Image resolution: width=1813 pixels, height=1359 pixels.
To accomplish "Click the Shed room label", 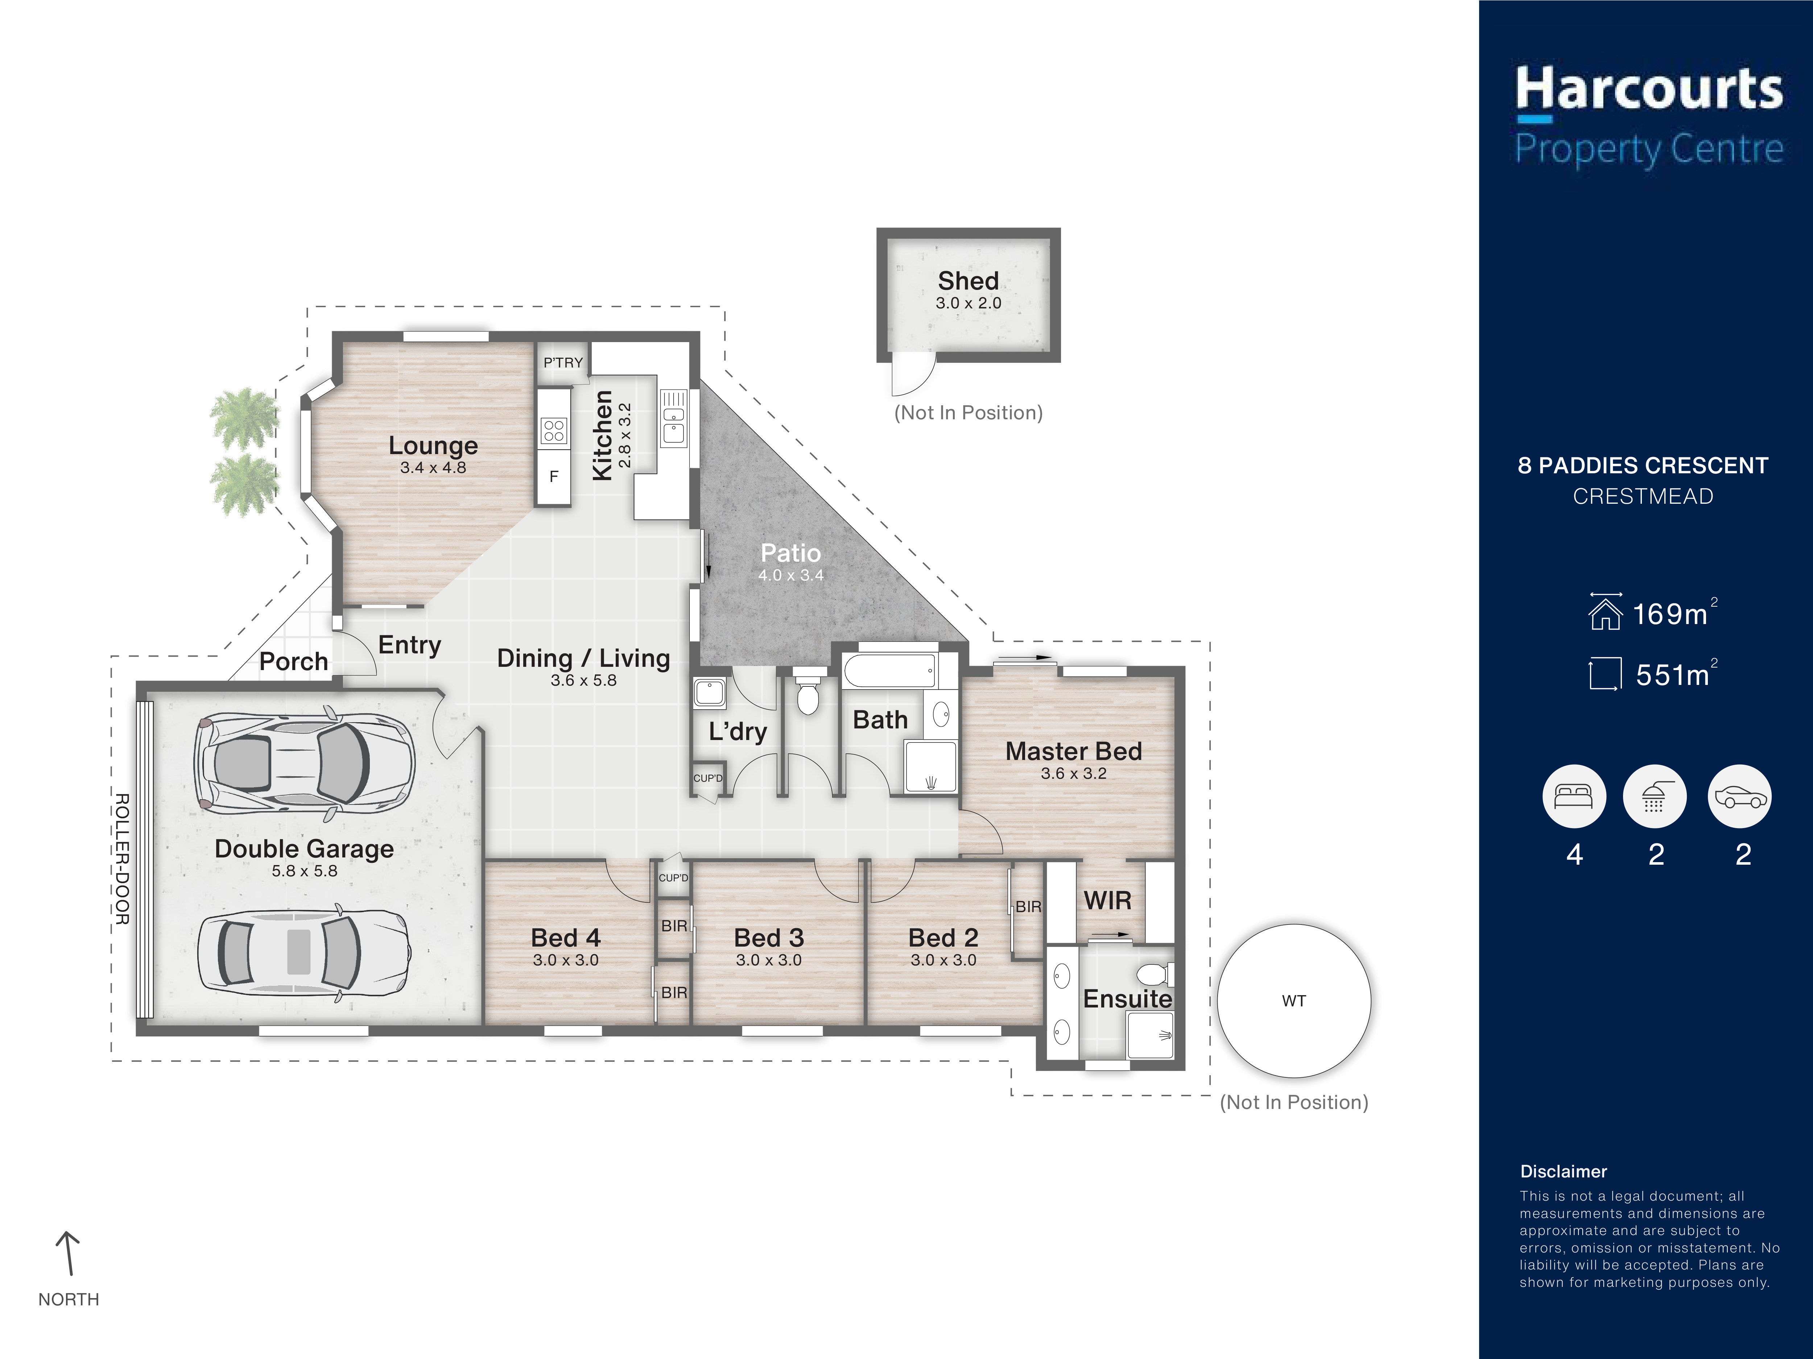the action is pyautogui.click(x=968, y=281).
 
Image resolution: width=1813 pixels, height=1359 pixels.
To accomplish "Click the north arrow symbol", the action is pyautogui.click(x=68, y=1253).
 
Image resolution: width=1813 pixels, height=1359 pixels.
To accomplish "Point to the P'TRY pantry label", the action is pyautogui.click(x=563, y=363).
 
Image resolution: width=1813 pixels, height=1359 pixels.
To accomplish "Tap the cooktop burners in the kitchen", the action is pyautogui.click(x=554, y=430).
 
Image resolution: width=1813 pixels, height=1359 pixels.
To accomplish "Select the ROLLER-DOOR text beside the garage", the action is pyautogui.click(x=121, y=859).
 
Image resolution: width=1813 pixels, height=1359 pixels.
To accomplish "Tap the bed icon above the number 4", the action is pyautogui.click(x=1574, y=796).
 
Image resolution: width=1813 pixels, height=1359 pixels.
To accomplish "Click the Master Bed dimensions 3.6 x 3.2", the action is pyautogui.click(x=1074, y=773).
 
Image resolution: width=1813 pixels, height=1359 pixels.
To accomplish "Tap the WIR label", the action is pyautogui.click(x=1107, y=900).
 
